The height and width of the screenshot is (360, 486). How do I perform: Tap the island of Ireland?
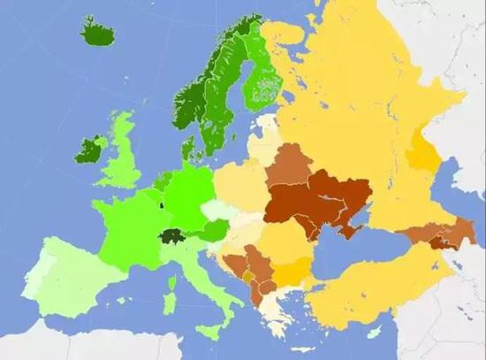[88, 149]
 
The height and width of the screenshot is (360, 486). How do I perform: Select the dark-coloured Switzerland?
[171, 236]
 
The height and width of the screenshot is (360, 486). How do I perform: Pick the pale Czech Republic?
[216, 211]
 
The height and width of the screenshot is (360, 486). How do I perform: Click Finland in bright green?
[263, 75]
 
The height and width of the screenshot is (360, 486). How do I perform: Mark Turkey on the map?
[371, 287]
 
